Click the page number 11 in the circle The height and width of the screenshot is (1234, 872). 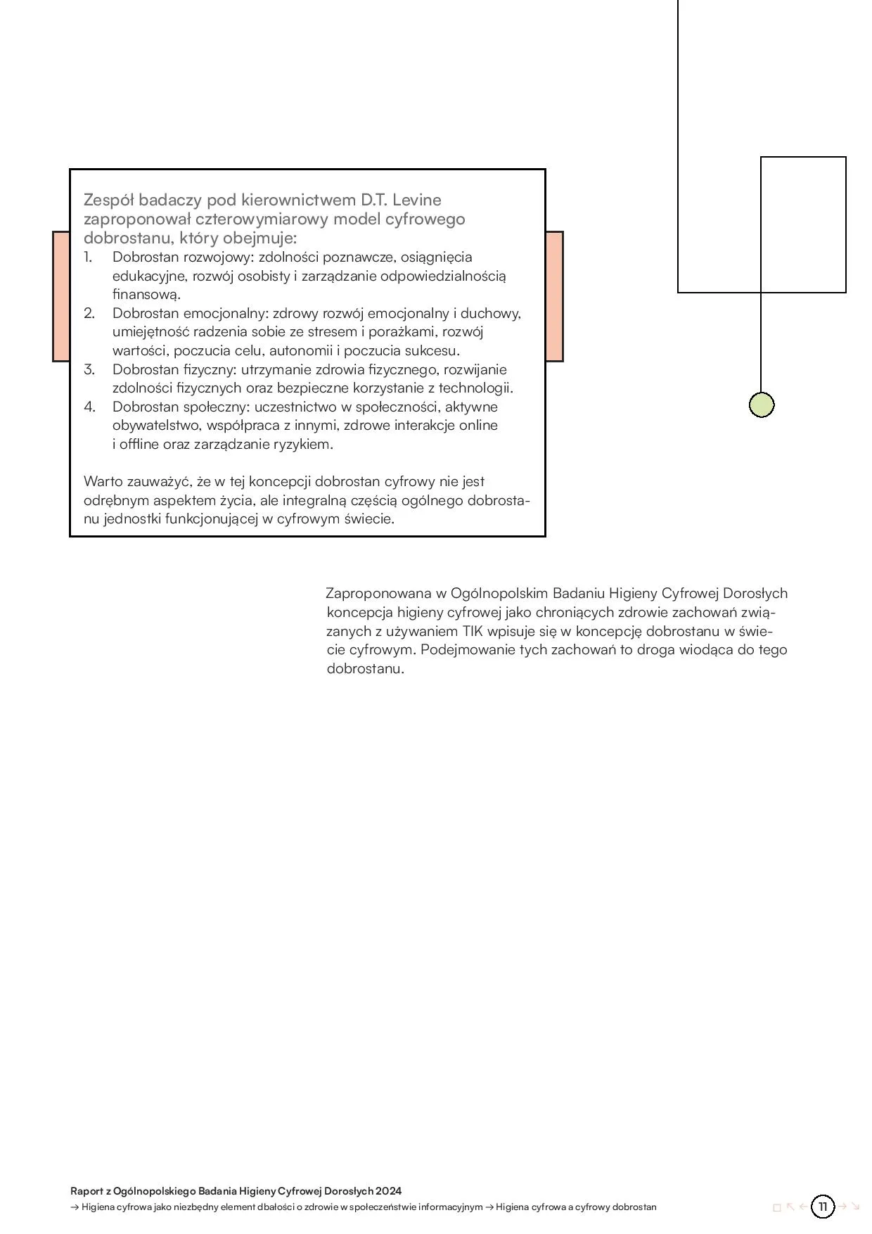point(823,1207)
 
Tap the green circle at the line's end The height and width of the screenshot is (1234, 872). point(762,405)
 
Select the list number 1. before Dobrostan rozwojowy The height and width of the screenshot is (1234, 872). point(89,257)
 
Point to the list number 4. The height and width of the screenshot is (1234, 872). point(89,407)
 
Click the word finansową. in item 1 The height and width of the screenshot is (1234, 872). point(147,294)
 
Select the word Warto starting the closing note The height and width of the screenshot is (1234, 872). point(104,482)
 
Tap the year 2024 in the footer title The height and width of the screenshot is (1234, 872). point(388,1191)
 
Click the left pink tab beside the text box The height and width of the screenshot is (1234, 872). point(61,296)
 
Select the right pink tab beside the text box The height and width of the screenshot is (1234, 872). point(554,296)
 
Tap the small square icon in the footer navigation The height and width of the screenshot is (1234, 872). point(777,1207)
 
